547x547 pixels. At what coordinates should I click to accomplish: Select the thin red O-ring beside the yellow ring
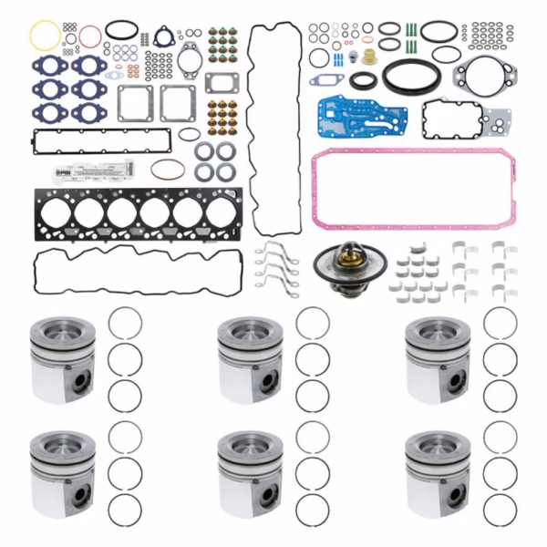89,36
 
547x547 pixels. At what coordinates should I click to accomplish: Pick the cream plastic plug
368,56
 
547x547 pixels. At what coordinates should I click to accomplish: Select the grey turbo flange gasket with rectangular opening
222,83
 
